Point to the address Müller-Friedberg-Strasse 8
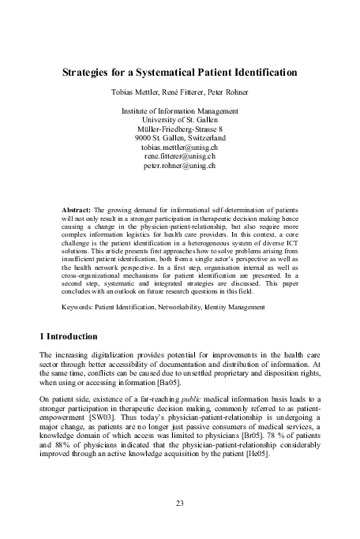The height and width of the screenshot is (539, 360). (x=180, y=129)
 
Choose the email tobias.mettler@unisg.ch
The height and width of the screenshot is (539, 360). (x=180, y=148)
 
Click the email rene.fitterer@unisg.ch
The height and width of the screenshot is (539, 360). (x=180, y=157)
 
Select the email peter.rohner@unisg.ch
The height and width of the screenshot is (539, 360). (x=180, y=167)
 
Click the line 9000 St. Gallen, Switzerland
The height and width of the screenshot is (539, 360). (x=180, y=138)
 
